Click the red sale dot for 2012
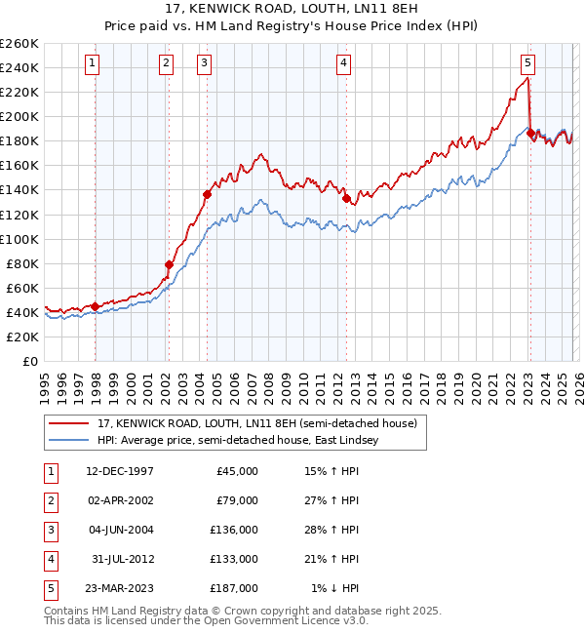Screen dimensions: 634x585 (346, 198)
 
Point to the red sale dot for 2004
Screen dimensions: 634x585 (207, 194)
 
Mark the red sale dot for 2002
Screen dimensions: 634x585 (169, 264)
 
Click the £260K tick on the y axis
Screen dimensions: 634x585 (19, 44)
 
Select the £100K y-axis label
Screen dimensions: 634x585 (19, 239)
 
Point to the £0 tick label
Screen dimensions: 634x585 (29, 361)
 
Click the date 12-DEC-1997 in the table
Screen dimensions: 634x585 (120, 471)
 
